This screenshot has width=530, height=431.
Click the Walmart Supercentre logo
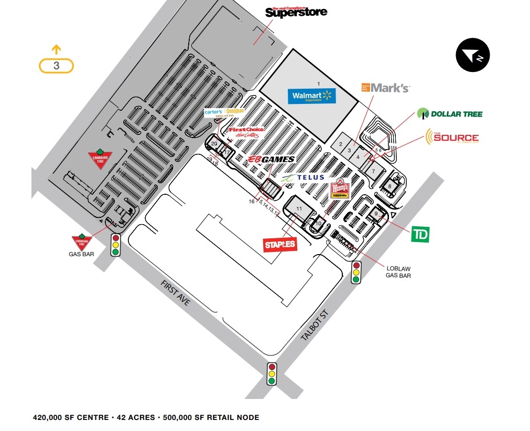311,96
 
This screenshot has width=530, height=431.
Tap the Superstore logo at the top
296,12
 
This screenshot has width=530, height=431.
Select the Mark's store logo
385,88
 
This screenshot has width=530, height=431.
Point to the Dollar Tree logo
449,113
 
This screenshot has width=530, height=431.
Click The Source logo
452,136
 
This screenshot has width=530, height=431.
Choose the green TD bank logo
420,235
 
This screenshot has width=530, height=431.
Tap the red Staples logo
280,244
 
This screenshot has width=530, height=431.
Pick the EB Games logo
271,159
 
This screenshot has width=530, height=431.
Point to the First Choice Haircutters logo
246,132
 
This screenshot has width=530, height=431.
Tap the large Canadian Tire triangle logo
100,159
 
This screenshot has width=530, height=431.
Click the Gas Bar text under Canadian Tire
81,254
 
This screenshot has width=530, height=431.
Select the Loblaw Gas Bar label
398,272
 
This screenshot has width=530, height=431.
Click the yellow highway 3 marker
56,66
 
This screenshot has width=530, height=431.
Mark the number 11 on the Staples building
299,208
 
